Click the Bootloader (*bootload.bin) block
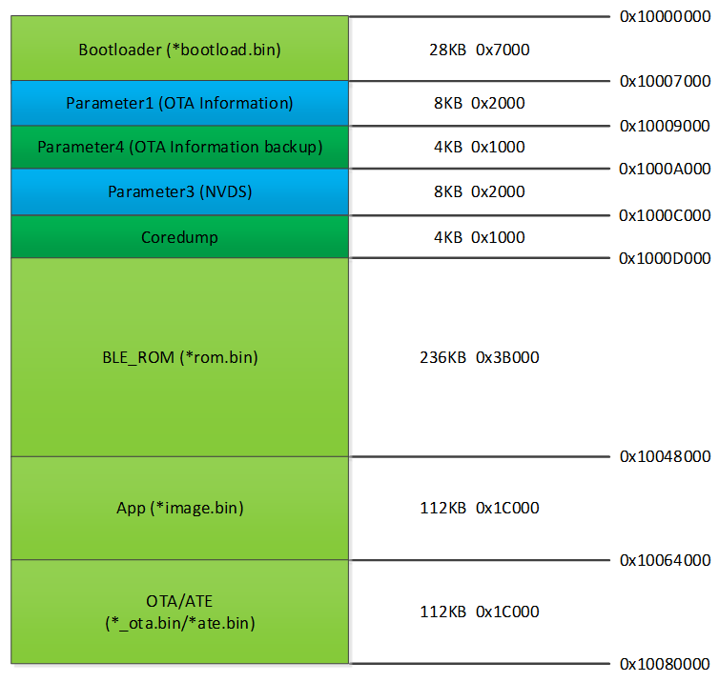179,49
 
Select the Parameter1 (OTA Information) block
179,104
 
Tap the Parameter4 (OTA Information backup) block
179,148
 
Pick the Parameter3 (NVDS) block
179,191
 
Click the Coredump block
179,237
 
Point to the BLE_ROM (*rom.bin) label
179,357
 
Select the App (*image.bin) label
179,508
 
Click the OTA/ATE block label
179,612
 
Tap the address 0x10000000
665,16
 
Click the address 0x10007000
665,81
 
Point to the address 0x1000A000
665,169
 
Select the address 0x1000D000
665,258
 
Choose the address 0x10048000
665,456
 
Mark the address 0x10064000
665,560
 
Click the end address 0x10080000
665,664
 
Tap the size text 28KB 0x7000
480,50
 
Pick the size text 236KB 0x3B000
480,357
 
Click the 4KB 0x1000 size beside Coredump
480,237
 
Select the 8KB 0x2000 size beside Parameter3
480,191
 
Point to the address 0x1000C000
665,215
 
